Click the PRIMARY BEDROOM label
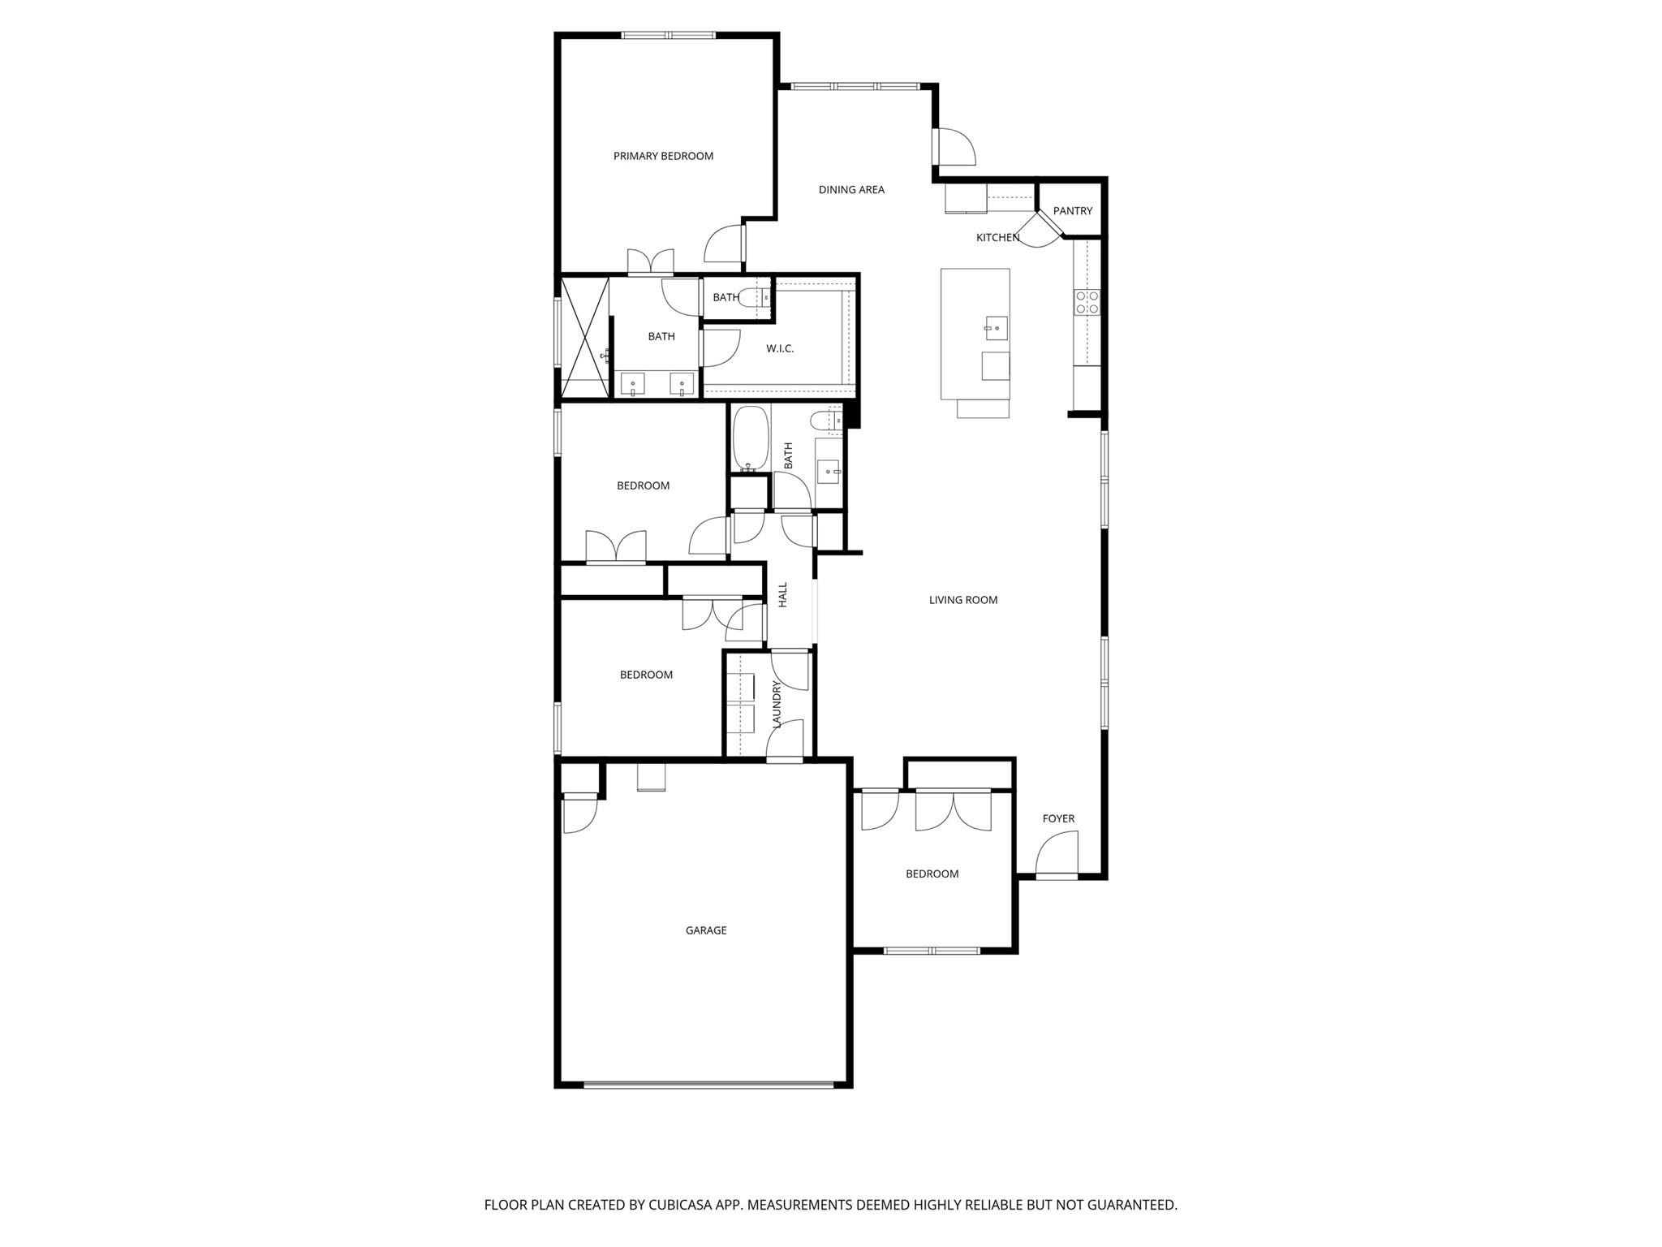tap(663, 156)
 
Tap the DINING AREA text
tap(851, 190)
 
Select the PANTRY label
tap(1072, 211)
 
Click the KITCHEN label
tap(997, 238)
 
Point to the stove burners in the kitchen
tap(1087, 303)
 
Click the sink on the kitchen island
tap(996, 328)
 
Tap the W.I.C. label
tap(780, 349)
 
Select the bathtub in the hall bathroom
tap(750, 438)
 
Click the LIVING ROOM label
tap(962, 600)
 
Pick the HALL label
tap(783, 594)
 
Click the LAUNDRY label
tap(777, 704)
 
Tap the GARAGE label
tap(705, 930)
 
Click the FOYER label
tap(1058, 818)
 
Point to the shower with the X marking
tap(585, 337)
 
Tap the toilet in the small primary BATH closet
tap(754, 298)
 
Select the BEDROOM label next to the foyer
tap(932, 874)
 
